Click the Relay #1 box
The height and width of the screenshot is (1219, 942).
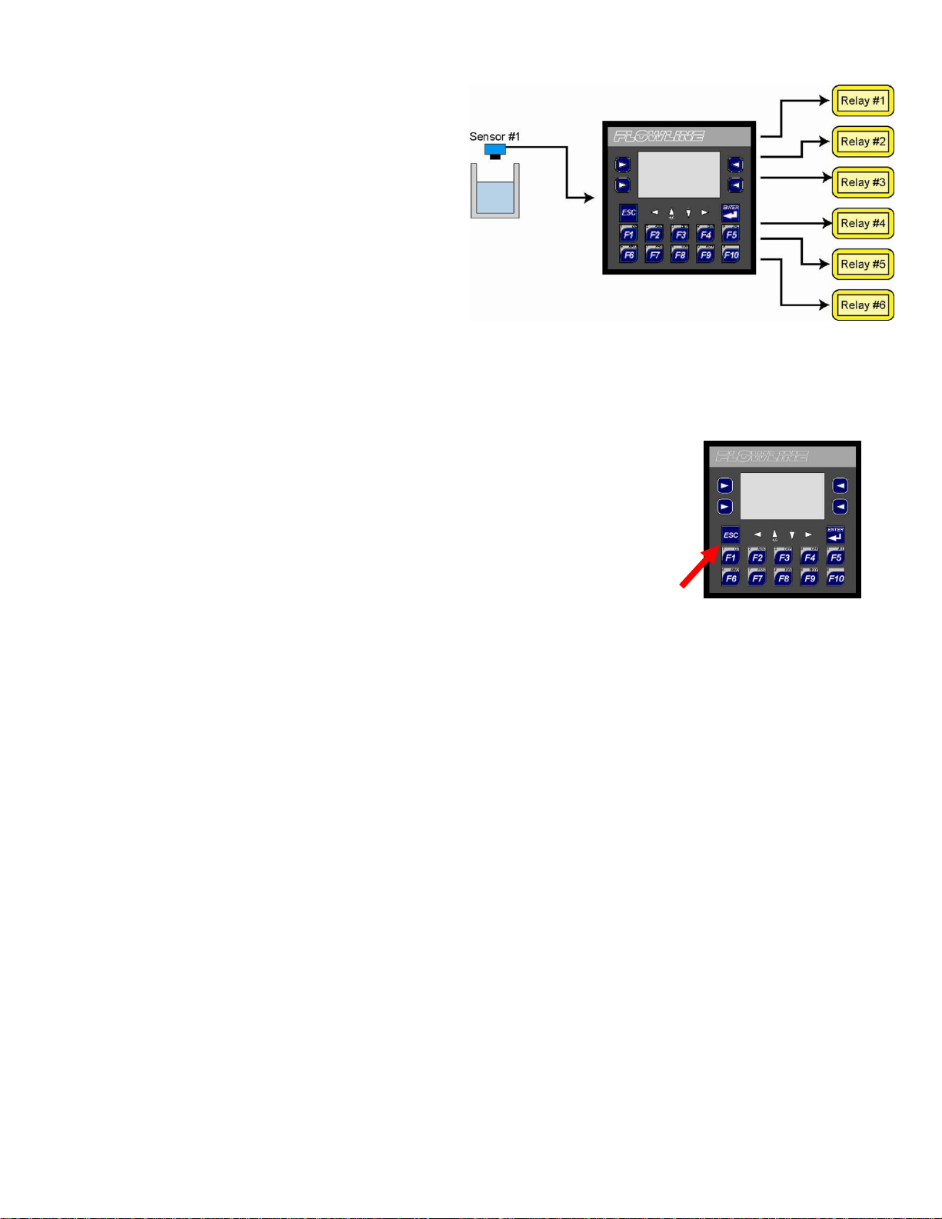click(863, 101)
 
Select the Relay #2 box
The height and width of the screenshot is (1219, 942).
click(863, 142)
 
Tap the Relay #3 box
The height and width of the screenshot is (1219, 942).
click(863, 182)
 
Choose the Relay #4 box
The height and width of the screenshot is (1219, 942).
click(863, 224)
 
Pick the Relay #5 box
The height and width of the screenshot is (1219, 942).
click(863, 265)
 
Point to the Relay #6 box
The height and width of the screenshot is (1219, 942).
click(863, 305)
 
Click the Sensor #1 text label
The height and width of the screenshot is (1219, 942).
click(494, 136)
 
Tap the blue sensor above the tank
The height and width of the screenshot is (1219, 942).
click(494, 150)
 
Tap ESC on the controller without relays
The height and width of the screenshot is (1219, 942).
click(731, 535)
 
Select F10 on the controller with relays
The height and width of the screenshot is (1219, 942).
click(731, 255)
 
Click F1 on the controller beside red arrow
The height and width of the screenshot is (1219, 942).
click(731, 557)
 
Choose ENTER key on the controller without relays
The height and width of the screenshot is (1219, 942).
click(836, 535)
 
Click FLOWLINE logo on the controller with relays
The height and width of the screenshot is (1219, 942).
click(659, 137)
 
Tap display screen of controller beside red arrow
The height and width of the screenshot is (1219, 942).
click(782, 496)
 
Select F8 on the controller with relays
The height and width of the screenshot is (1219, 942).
click(680, 255)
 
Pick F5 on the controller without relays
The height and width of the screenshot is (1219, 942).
click(836, 557)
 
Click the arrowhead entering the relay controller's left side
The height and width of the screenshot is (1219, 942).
click(590, 198)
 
